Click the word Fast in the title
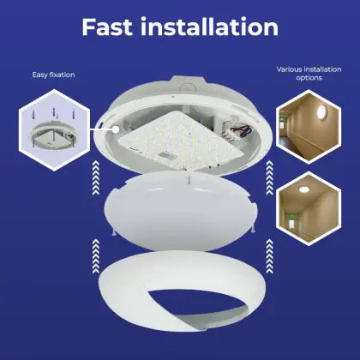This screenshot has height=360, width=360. (x=107, y=27)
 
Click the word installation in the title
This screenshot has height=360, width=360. (x=210, y=27)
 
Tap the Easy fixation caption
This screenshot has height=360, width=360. (x=53, y=75)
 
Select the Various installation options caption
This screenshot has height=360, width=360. (x=309, y=74)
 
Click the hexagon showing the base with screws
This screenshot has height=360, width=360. (x=54, y=130)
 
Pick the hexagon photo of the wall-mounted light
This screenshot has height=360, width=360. (x=309, y=127)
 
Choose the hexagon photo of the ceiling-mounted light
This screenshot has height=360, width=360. (x=309, y=209)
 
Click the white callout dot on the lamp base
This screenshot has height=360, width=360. (x=116, y=129)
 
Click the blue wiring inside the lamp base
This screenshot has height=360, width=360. (x=245, y=131)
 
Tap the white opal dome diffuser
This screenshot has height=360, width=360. (x=181, y=212)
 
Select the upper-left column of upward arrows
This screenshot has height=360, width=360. (x=96, y=178)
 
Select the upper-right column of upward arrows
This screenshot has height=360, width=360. (x=269, y=178)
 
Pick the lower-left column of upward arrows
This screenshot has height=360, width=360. (x=96, y=256)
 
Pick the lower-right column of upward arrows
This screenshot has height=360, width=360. (x=269, y=256)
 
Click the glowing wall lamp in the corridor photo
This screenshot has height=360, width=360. (x=321, y=111)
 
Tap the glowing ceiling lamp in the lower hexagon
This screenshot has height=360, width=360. (x=303, y=189)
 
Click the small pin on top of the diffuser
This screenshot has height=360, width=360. (x=189, y=180)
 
